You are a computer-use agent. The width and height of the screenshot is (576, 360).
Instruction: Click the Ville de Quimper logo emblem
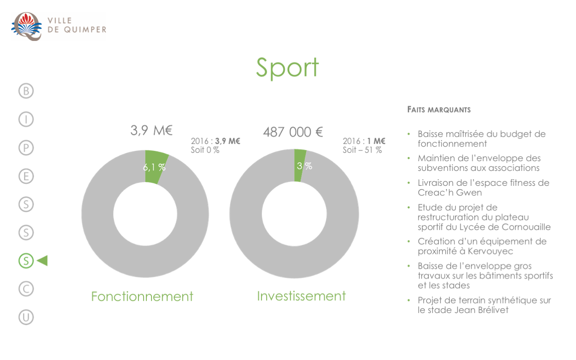pyautogui.click(x=27, y=26)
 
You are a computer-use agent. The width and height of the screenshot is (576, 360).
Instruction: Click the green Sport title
pyautogui.click(x=287, y=68)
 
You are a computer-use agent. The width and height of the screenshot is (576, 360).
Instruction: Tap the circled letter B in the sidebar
pyautogui.click(x=26, y=91)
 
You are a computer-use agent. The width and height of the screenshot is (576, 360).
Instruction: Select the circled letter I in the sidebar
pyautogui.click(x=26, y=119)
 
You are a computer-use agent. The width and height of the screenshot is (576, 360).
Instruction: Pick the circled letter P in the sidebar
pyautogui.click(x=26, y=148)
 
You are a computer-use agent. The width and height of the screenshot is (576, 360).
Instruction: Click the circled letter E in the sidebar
pyautogui.click(x=26, y=176)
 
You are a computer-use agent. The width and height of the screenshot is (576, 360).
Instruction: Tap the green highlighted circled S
pyautogui.click(x=26, y=260)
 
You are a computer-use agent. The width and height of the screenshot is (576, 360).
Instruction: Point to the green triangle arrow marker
pyautogui.click(x=42, y=260)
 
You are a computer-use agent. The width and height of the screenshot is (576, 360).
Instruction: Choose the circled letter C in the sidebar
pyautogui.click(x=26, y=289)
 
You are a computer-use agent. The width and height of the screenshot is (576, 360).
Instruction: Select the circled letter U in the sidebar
pyautogui.click(x=26, y=317)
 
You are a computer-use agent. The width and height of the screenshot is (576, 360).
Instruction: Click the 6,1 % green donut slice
pyautogui.click(x=155, y=167)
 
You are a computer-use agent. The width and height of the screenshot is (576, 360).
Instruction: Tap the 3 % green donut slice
pyautogui.click(x=299, y=165)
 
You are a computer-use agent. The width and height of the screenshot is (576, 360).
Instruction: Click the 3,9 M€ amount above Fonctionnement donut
pyautogui.click(x=151, y=130)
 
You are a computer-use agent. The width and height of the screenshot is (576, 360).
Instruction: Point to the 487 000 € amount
pyautogui.click(x=293, y=132)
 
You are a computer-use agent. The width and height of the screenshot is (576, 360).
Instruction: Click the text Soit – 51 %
pyautogui.click(x=362, y=150)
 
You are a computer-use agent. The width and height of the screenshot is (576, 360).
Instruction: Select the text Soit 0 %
pyautogui.click(x=205, y=150)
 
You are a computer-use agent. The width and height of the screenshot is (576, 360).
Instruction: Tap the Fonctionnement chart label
pyautogui.click(x=142, y=296)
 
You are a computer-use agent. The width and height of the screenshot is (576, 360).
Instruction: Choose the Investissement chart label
pyautogui.click(x=302, y=296)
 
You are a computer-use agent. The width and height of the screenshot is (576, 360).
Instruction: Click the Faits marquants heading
pyautogui.click(x=439, y=110)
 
